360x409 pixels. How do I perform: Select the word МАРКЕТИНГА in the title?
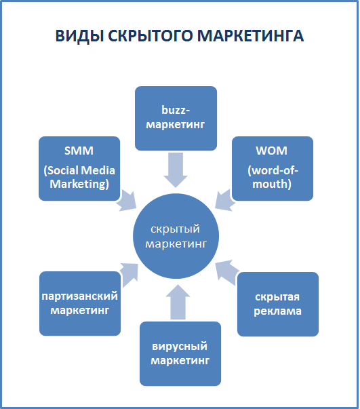click(x=251, y=36)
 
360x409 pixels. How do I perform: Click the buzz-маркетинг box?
click(x=176, y=119)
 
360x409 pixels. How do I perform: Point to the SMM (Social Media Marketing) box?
click(x=79, y=168)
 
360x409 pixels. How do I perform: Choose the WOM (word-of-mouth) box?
click(x=273, y=168)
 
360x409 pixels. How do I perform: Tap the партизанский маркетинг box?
click(x=80, y=304)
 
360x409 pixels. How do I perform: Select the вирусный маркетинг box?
click(x=180, y=353)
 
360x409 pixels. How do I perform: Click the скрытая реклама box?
click(x=278, y=304)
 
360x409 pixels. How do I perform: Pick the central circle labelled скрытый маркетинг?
click(x=176, y=236)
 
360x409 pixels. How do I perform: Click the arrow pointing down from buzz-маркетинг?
click(x=176, y=170)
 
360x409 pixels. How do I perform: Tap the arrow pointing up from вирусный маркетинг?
click(x=178, y=302)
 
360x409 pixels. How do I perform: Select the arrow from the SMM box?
click(x=126, y=201)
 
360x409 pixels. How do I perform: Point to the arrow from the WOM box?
click(x=226, y=200)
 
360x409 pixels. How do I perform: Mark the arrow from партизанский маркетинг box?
click(x=129, y=275)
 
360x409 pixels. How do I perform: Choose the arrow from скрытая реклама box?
click(x=226, y=272)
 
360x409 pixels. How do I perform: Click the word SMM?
click(x=79, y=151)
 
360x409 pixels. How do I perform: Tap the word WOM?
click(x=272, y=151)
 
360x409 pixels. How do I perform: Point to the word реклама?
click(x=277, y=311)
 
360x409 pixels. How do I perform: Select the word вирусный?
click(x=180, y=347)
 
